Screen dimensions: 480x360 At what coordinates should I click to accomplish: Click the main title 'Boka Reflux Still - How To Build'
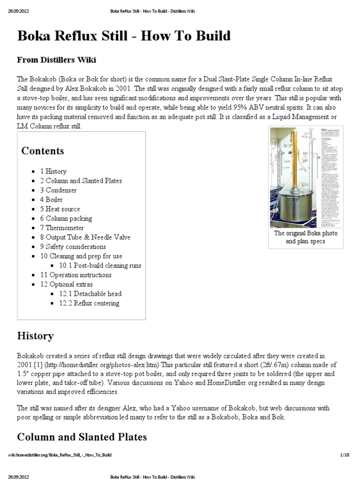coord(124,37)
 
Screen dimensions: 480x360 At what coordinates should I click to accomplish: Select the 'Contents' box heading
coord(43,151)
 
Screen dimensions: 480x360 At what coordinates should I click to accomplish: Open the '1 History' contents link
coord(53,172)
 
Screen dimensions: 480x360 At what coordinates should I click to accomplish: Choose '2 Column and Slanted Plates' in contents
coord(81,181)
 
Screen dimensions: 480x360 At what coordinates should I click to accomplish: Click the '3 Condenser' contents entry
coord(58,190)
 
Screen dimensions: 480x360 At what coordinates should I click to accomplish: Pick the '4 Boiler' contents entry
coord(52,200)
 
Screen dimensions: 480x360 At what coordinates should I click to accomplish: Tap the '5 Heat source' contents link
coord(60,209)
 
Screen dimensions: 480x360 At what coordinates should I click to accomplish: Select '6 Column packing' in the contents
coord(66,218)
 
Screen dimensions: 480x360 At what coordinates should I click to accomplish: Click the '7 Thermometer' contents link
coord(62,228)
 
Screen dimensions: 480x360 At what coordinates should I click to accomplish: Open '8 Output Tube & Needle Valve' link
coord(85,237)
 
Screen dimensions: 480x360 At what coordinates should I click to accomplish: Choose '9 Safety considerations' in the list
coord(73,247)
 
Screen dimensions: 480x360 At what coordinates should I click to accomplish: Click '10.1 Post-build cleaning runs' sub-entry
coord(100,265)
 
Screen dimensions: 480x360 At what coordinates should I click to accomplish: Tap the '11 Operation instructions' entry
coord(75,275)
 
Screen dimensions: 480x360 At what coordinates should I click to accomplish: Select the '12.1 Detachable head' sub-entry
coord(90,293)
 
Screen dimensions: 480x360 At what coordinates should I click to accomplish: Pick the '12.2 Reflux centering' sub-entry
coord(89,303)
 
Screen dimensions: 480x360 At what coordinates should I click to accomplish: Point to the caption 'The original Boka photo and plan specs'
coord(306,237)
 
